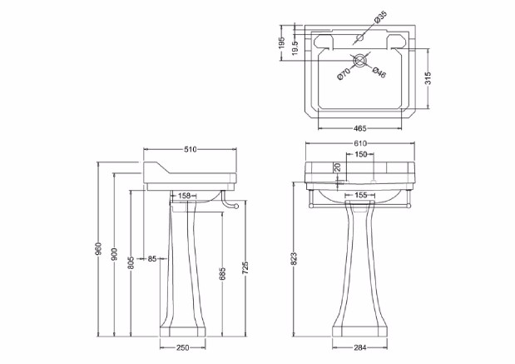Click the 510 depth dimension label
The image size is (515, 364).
tap(191, 150)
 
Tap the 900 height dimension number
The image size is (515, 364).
tap(114, 254)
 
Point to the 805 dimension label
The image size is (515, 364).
tap(131, 262)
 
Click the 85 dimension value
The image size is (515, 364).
tap(152, 259)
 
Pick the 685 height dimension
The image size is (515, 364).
tap(222, 274)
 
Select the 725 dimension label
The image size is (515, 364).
tap(245, 268)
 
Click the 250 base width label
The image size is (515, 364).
tap(183, 347)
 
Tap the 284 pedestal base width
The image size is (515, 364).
tap(360, 347)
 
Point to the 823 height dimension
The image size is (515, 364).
tap(294, 258)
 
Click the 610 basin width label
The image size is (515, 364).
tap(360, 143)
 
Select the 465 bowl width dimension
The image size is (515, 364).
tap(360, 128)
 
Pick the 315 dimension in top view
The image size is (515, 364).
tap(428, 78)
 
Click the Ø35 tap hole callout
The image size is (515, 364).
tap(380, 17)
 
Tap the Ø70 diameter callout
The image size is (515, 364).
tap(344, 73)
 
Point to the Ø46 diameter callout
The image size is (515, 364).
tap(379, 72)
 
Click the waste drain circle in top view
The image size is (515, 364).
tap(360, 61)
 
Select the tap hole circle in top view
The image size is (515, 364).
tap(360, 37)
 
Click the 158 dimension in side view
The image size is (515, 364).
tap(184, 196)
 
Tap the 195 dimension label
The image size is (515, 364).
tap(282, 42)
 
